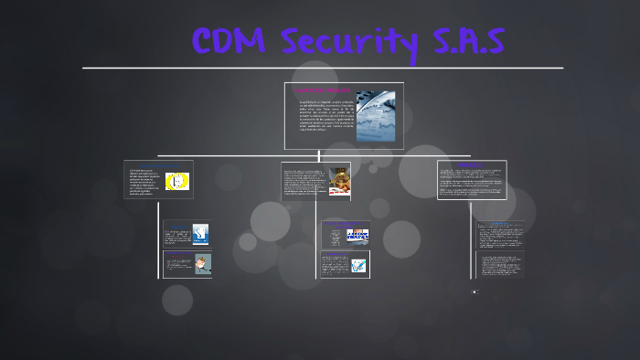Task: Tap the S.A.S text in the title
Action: [464, 42]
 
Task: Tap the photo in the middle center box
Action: [337, 179]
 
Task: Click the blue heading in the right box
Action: [472, 165]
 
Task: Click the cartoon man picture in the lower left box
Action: [201, 263]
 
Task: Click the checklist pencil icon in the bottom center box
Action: [357, 265]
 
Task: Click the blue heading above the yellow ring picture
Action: [158, 165]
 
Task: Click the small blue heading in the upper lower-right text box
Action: [499, 223]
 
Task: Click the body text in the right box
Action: [471, 182]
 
